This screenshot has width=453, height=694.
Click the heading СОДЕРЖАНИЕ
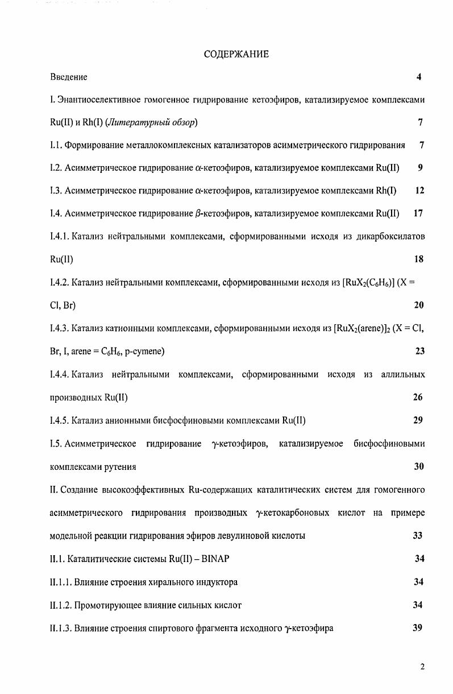(236, 55)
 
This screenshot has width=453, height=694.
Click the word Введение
(69, 77)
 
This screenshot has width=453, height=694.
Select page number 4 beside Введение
(419, 77)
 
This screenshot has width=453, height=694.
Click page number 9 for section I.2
(420, 168)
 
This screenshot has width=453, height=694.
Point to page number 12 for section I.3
(419, 191)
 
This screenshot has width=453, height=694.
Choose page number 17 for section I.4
(418, 214)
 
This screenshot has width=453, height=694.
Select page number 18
(419, 259)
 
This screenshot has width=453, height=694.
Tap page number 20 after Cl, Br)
(419, 305)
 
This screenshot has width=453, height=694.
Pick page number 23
(419, 352)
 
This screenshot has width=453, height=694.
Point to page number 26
(418, 398)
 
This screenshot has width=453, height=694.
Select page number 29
(418, 421)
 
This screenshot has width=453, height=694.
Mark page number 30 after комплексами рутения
(419, 467)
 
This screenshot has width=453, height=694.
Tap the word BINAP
(215, 559)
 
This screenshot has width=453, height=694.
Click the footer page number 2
(422, 667)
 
